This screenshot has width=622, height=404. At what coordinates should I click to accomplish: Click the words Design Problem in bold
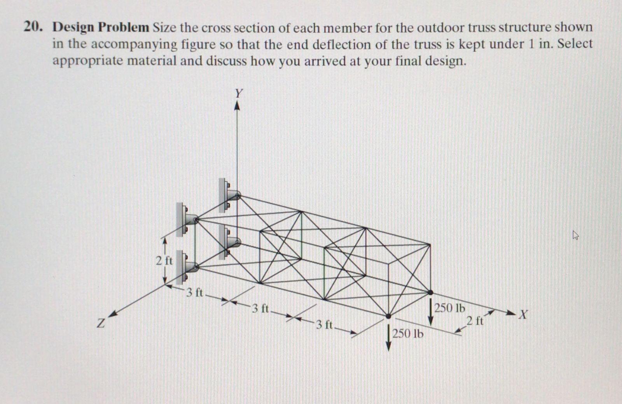(101, 28)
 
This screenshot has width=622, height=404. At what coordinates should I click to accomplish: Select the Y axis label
(238, 93)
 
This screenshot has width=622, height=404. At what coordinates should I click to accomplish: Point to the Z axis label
(101, 324)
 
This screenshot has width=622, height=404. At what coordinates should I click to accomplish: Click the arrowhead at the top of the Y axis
(237, 106)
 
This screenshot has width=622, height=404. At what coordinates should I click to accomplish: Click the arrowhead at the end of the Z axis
(112, 314)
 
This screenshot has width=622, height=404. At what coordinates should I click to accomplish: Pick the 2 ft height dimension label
(164, 260)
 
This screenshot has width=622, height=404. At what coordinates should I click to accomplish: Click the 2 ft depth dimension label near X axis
(475, 321)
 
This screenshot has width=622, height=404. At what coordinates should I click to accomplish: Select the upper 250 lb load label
(450, 308)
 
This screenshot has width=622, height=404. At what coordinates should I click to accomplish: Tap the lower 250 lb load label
(408, 334)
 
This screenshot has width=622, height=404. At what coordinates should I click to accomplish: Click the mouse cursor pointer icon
(575, 235)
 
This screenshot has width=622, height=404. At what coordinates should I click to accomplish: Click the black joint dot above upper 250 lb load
(430, 292)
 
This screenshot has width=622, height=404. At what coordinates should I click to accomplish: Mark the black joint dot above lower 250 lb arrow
(388, 316)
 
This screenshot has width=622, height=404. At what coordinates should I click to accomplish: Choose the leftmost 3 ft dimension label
(194, 292)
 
